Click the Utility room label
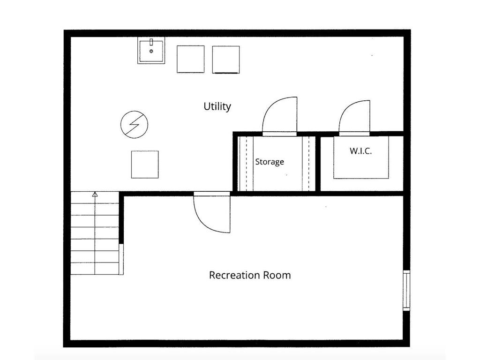coord(217,106)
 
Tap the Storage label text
coord(270,162)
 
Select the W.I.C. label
coord(360,150)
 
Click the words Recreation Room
coord(250,275)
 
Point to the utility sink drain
coord(151,51)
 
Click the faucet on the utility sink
coord(151,42)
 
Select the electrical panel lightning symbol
coord(135,124)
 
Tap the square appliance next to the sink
coord(190,60)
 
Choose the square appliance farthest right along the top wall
coord(226,60)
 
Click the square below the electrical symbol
coord(145,165)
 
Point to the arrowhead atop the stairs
coord(95,194)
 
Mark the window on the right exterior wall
coord(406,291)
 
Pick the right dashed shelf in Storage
coord(308,164)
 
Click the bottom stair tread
coord(95,269)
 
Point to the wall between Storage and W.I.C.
coord(318,164)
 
